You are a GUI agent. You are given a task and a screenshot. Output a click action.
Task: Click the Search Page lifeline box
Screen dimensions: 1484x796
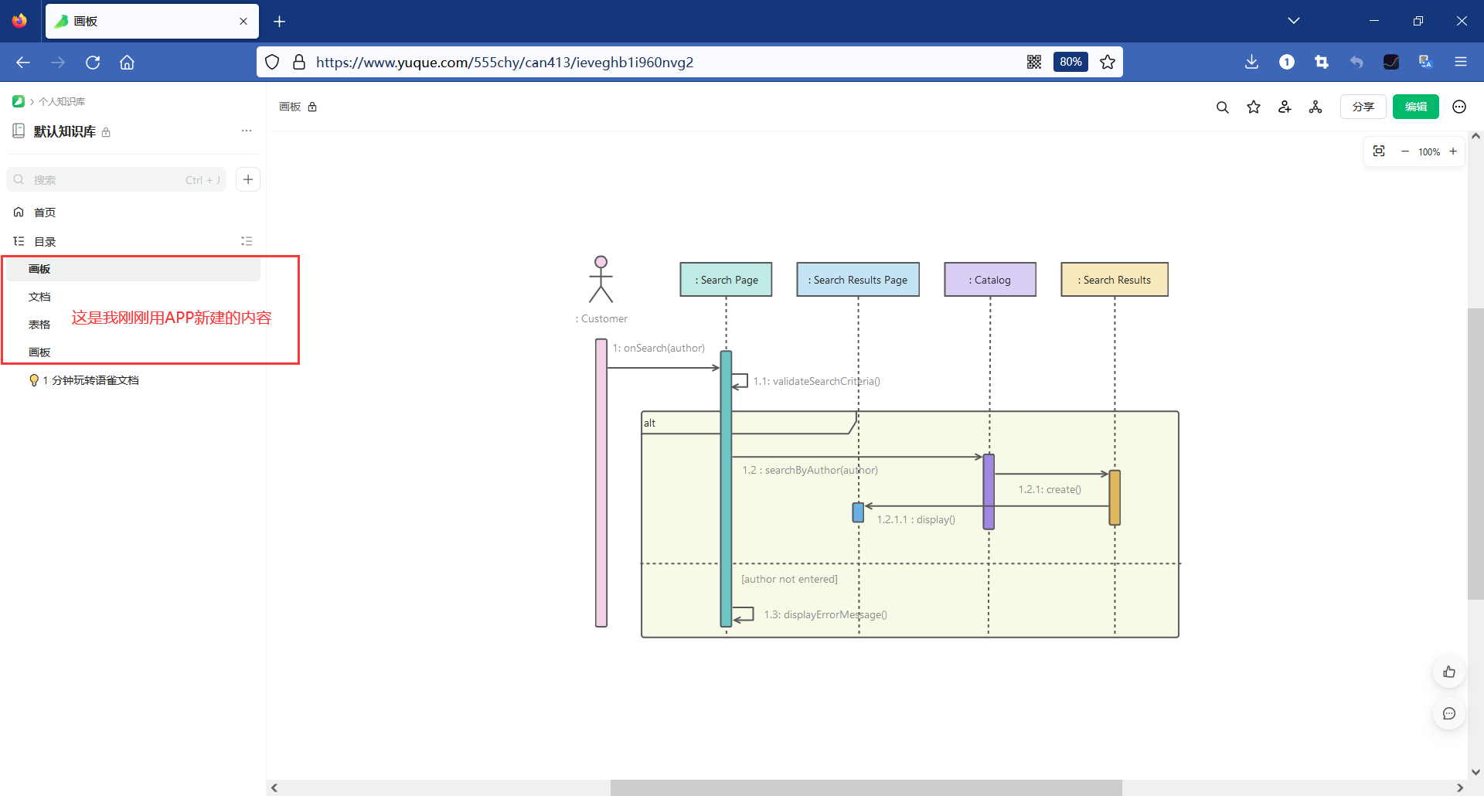pyautogui.click(x=726, y=280)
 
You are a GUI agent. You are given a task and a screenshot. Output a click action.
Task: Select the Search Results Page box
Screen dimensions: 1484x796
pyautogui.click(x=858, y=280)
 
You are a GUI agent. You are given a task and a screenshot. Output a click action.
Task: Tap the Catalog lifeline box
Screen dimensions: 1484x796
pyautogui.click(x=990, y=280)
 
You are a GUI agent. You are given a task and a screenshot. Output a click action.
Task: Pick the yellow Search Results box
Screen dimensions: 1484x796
pyautogui.click(x=1115, y=280)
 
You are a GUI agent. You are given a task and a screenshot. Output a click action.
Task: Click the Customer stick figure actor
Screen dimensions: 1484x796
pyautogui.click(x=601, y=279)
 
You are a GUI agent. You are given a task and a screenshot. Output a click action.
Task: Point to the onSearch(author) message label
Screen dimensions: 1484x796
pyautogui.click(x=659, y=348)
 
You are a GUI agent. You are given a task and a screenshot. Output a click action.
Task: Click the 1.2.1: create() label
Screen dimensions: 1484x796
pyautogui.click(x=1050, y=489)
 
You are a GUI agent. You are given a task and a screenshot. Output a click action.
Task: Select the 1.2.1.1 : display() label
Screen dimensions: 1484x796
pyautogui.click(x=916, y=519)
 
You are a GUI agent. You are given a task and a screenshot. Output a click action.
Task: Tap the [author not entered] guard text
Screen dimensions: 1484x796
pyautogui.click(x=789, y=579)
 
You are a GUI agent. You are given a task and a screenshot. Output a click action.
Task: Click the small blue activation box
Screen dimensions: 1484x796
pyautogui.click(x=858, y=512)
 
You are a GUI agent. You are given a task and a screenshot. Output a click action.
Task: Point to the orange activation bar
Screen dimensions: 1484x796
pyautogui.click(x=1115, y=498)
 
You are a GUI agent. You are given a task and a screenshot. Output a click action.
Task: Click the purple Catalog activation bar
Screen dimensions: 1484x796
pyautogui.click(x=989, y=492)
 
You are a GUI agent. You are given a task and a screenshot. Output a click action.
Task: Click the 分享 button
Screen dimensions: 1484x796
pyautogui.click(x=1363, y=107)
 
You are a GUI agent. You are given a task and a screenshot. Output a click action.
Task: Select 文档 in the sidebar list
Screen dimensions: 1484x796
pyautogui.click(x=39, y=297)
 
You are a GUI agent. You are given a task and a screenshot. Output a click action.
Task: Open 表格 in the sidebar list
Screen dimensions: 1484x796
pyautogui.click(x=39, y=325)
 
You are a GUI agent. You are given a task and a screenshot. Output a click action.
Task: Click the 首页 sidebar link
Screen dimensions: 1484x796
pyautogui.click(x=45, y=213)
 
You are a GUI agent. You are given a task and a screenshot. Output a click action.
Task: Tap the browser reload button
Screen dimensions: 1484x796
pyautogui.click(x=93, y=63)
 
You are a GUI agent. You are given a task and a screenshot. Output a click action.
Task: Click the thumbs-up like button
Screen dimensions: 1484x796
pyautogui.click(x=1449, y=672)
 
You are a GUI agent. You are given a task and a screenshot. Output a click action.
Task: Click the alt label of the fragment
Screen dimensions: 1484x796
pyautogui.click(x=649, y=423)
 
